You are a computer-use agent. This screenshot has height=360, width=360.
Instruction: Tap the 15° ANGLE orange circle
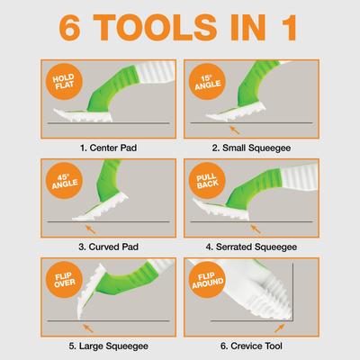[x=209, y=85]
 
